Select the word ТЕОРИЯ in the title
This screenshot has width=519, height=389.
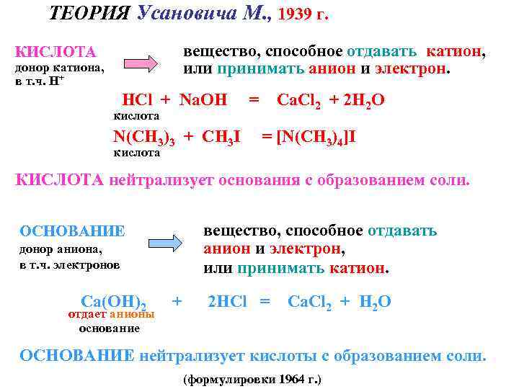[89, 14]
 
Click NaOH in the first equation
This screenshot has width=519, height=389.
[203, 100]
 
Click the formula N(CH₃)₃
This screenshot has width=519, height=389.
[143, 137]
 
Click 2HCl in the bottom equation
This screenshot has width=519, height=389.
[227, 301]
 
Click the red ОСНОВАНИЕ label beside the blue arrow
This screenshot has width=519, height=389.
[72, 231]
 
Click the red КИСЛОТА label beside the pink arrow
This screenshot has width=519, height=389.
[56, 52]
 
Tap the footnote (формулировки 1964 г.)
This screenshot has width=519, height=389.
[253, 379]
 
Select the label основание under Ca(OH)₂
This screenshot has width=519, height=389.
[109, 328]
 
